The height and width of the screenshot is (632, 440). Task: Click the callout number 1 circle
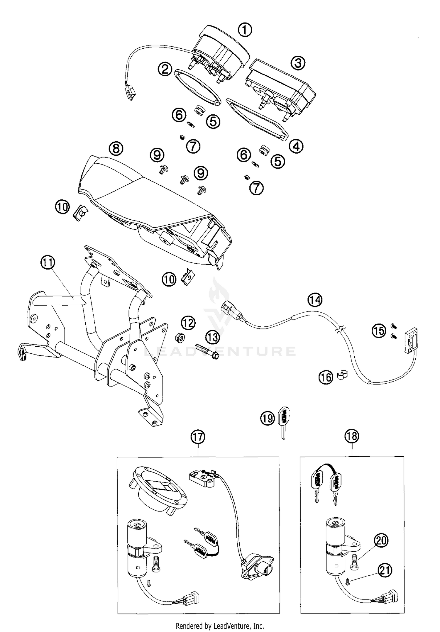245,30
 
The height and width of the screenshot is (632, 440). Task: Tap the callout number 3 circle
298,63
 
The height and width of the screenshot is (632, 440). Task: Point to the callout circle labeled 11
48,262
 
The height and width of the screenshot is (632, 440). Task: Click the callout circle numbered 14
315,300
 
